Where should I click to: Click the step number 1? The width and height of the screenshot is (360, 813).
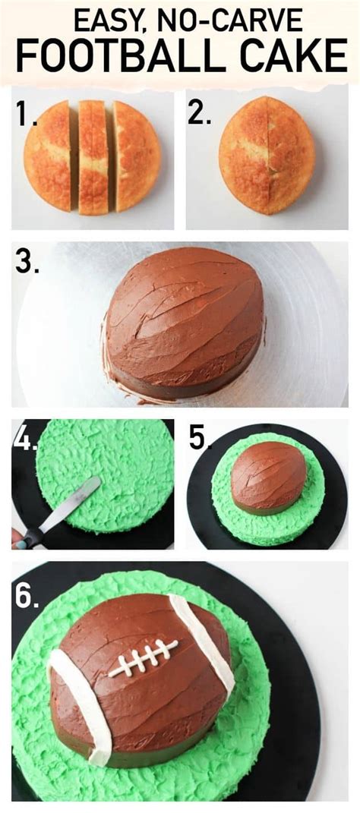pos(24,114)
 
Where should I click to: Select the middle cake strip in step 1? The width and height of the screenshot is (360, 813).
pos(93,158)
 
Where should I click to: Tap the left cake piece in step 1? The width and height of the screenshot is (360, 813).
pos(47,156)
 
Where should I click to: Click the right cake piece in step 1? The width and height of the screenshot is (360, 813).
pos(137,156)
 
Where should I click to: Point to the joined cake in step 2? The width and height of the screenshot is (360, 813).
pos(267,156)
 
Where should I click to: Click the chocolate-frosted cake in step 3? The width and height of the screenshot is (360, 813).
pos(184,323)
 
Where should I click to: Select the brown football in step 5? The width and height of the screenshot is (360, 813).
pos(269,477)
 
